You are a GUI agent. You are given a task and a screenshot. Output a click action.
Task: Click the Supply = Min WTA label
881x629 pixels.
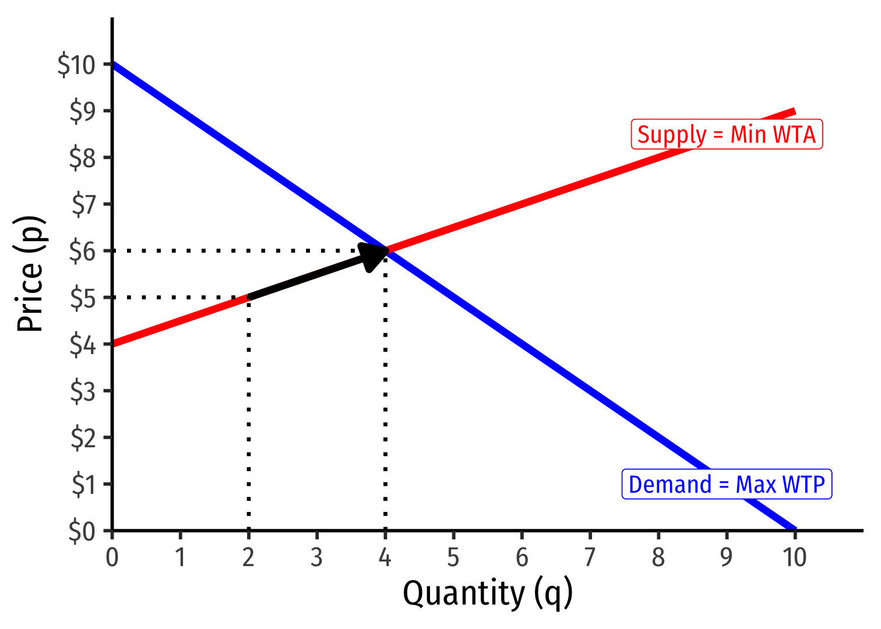pos(727,135)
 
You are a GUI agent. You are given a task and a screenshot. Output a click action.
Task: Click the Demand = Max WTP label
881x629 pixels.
pos(727,485)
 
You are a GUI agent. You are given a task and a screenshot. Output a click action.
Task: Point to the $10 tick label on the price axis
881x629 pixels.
pos(76,64)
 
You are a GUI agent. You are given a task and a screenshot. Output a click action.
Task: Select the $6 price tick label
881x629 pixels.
pos(82,251)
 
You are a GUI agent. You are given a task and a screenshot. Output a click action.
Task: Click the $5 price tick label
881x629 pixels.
pos(82,298)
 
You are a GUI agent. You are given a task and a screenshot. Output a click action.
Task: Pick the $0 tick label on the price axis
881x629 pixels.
pos(82,531)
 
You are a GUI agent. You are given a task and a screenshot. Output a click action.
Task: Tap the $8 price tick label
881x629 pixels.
pos(82,158)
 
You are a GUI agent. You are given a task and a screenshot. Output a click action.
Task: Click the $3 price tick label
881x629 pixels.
pos(82,391)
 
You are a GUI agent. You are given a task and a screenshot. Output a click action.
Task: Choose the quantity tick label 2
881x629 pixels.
pos(248,557)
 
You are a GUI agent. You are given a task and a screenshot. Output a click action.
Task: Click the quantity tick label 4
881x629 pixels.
pos(385,557)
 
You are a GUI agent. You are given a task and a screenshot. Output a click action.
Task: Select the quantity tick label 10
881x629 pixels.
pos(794,557)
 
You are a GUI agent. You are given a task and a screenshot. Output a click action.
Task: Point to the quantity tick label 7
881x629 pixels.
pos(590,557)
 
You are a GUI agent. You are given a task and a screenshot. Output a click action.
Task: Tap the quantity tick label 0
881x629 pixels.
pos(112,557)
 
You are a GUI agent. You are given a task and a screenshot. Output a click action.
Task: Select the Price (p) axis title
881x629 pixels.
pos(30,274)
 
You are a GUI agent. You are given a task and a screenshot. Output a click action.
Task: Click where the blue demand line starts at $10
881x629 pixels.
pos(113,64)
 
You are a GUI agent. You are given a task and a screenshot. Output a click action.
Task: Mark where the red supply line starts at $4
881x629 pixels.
pos(113,344)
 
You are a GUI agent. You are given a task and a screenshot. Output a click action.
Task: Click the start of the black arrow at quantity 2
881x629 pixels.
pos(249,297)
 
